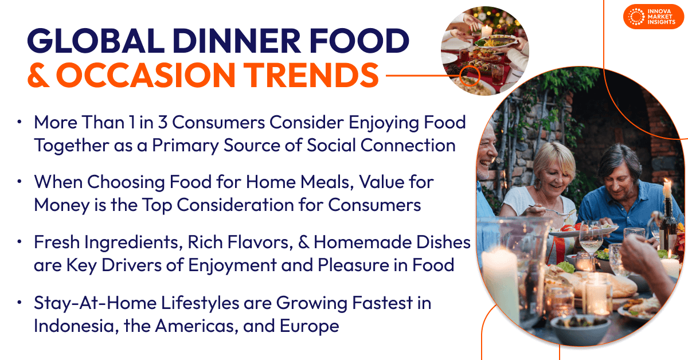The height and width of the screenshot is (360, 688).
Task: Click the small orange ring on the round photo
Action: click(471, 74)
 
